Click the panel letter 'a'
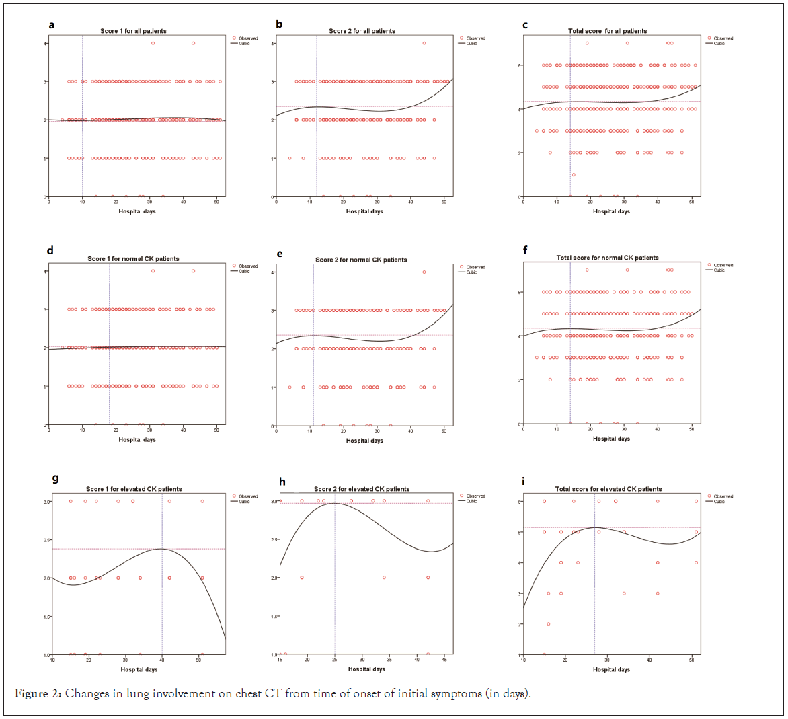pos(51,25)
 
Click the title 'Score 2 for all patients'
pos(362,31)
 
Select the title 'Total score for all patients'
pos(607,31)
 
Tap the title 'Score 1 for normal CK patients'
pos(133,259)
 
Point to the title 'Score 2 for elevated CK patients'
pos(362,489)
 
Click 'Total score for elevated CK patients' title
pos(608,489)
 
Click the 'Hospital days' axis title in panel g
pos(139,669)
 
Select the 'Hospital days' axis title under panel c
pos(611,211)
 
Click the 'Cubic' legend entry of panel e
pos(472,272)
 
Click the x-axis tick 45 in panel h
pos(444,659)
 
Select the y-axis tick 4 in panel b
pos(272,44)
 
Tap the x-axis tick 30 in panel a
pos(149,202)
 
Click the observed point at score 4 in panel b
pos(424,43)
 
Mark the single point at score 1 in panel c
pos(574,175)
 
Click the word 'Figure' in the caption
pos(32,693)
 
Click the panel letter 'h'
pos(282,481)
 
